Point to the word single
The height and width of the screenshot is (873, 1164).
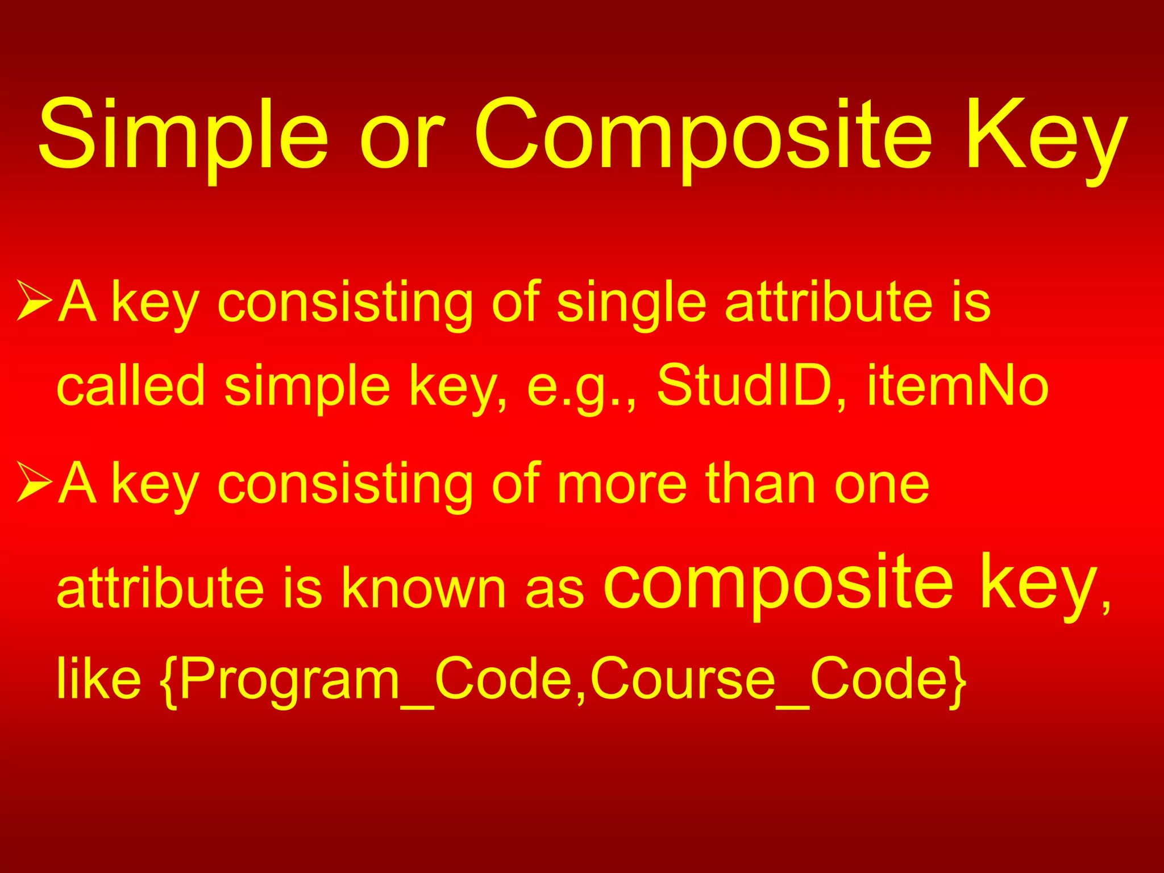coord(631,304)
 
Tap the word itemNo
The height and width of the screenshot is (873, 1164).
coord(958,386)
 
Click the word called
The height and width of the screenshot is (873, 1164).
coord(131,386)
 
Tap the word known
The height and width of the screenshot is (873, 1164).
coord(423,588)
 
